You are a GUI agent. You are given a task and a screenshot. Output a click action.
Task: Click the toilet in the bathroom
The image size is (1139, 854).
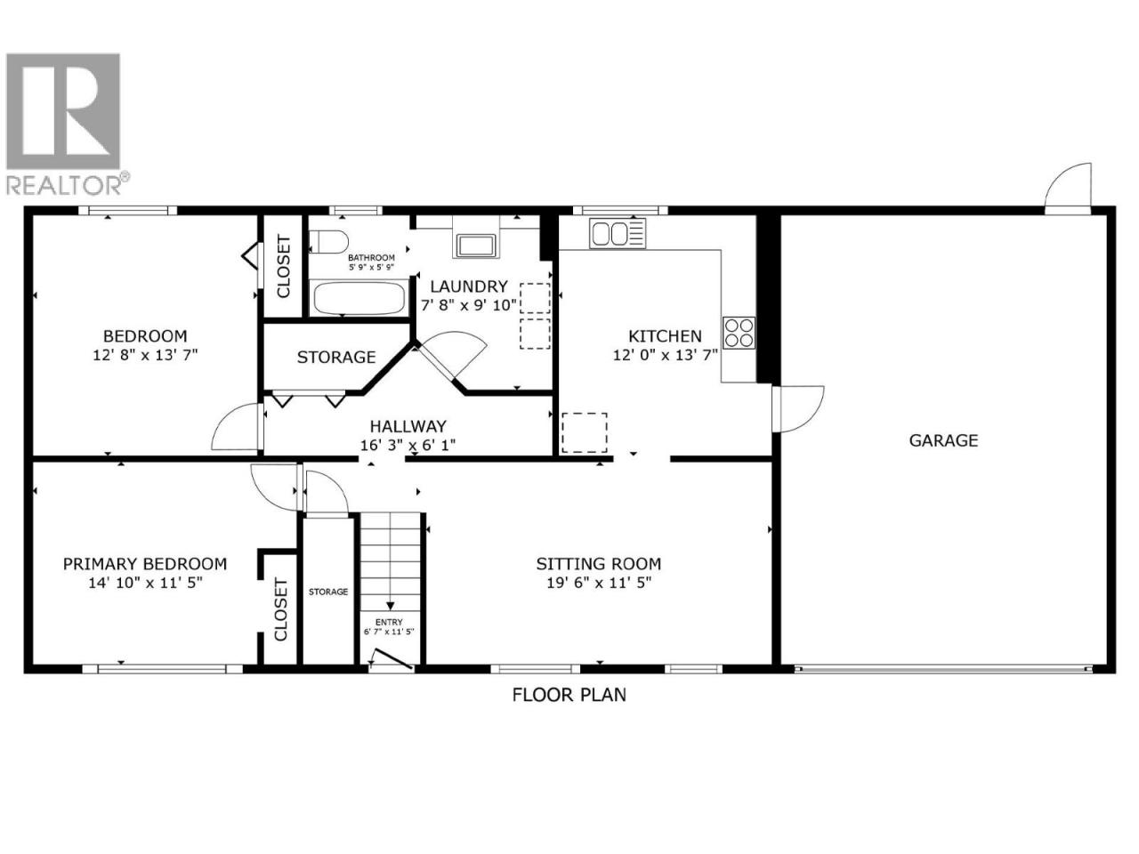328,241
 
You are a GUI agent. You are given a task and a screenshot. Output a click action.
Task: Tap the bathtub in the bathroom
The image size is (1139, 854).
358,298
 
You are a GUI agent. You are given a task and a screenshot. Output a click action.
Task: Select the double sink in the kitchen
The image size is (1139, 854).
618,233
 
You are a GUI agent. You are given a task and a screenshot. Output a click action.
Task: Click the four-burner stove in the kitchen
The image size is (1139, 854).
739,333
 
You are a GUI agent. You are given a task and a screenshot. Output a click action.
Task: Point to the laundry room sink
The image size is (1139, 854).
475,246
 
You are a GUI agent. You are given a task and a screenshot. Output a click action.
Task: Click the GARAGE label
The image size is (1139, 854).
943,440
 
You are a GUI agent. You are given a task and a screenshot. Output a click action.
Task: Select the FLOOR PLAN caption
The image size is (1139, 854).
569,694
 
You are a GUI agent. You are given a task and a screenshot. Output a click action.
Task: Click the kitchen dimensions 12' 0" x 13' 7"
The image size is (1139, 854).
665,355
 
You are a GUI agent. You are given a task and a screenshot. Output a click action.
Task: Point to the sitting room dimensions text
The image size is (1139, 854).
599,583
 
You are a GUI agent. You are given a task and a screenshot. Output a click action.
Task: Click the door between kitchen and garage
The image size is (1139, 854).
797,408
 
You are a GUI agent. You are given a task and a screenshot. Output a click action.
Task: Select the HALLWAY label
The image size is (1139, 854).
408,426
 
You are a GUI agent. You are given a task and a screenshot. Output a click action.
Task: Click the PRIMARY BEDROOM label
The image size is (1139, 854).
145,564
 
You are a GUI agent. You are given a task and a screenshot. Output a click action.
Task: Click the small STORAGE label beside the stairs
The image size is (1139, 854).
328,592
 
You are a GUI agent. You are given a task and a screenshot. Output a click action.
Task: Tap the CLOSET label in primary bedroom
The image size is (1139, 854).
280,609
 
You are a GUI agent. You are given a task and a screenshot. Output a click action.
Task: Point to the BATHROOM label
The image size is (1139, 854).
371,257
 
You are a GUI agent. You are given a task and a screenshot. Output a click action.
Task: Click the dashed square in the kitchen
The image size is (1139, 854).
585,432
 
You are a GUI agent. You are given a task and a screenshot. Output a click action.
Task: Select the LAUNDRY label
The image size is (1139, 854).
469,286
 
